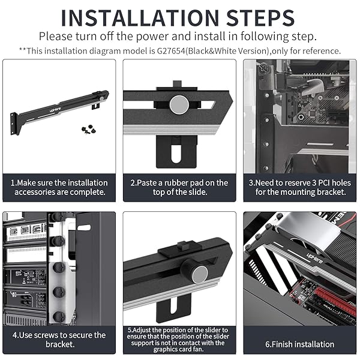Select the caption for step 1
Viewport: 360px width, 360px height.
pyautogui.click(x=59, y=187)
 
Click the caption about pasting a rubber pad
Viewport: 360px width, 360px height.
pyautogui.click(x=179, y=187)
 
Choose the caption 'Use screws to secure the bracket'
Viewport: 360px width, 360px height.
pyautogui.click(x=59, y=340)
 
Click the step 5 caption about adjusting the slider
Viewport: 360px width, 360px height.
pyautogui.click(x=179, y=340)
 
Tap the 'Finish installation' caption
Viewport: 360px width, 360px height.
pyautogui.click(x=299, y=344)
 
